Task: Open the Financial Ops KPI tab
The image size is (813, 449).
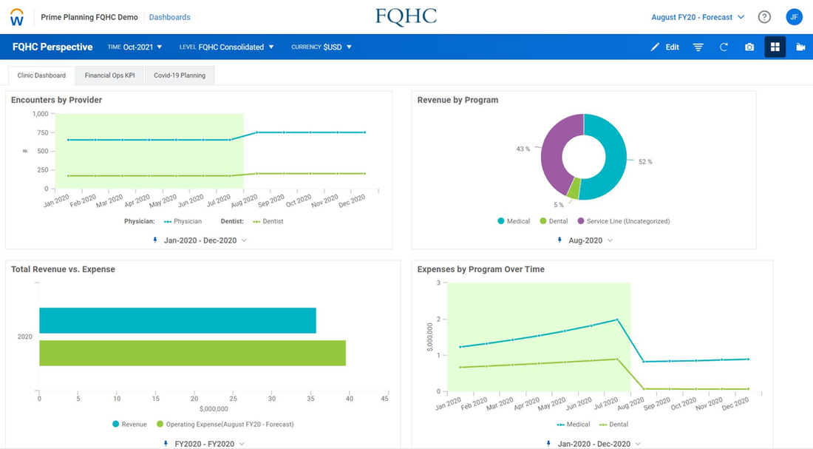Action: click(109, 75)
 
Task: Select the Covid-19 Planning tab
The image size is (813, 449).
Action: click(180, 75)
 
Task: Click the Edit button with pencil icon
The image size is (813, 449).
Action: click(664, 47)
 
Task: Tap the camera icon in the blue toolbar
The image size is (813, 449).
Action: click(749, 47)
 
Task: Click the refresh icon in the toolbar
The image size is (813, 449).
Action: click(724, 47)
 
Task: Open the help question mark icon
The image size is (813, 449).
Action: click(764, 17)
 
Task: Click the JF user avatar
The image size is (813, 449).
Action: click(794, 17)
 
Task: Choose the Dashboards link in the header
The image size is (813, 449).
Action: click(169, 17)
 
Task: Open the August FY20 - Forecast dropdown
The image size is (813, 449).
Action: click(698, 17)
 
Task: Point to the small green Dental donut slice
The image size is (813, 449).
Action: click(573, 188)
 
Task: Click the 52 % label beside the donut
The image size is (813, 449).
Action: click(645, 162)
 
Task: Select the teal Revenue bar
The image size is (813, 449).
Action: click(178, 320)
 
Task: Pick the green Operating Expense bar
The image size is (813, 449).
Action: click(192, 353)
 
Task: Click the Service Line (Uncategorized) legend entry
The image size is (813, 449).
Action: click(624, 221)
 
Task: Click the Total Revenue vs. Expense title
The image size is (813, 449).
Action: click(64, 269)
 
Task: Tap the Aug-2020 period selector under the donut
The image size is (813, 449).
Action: click(585, 240)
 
